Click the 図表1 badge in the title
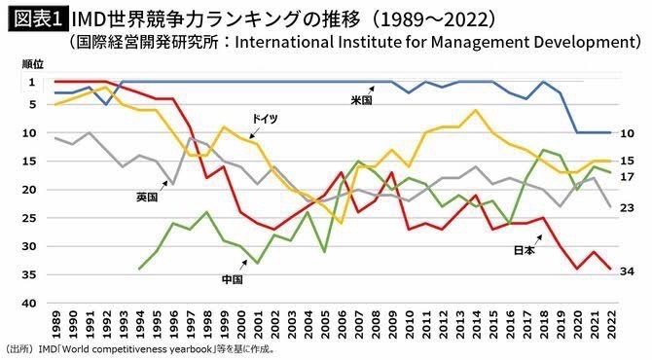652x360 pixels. tap(37, 19)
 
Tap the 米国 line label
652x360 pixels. tap(361, 100)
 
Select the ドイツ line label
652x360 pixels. tap(265, 119)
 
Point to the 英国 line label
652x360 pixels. tap(147, 198)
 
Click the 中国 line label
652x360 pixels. tap(232, 279)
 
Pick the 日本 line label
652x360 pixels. tap(525, 250)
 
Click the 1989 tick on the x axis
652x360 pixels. tap(56, 325)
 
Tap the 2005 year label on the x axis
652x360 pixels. tap(325, 325)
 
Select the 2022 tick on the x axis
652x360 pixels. tap(610, 325)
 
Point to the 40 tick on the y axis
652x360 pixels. tap(29, 304)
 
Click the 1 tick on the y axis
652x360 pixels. tap(32, 83)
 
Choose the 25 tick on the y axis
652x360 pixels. tap(29, 218)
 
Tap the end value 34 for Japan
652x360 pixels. tap(627, 271)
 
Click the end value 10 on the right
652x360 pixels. tap(627, 133)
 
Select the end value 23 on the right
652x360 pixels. tap(627, 207)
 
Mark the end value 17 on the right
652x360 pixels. tap(627, 177)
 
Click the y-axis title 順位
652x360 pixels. tap(33, 64)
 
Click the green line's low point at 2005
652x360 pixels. tap(325, 252)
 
